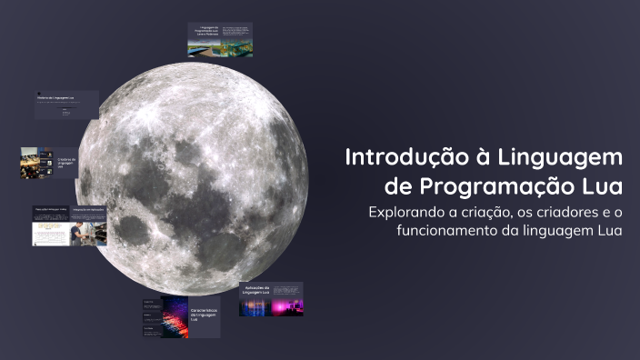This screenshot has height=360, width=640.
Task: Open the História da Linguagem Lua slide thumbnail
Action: point(66,104)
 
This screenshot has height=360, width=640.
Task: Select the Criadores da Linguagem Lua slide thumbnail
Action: point(49,163)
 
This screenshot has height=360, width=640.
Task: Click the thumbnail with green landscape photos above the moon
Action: point(221,39)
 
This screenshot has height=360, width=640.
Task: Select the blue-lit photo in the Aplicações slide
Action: point(252,308)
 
